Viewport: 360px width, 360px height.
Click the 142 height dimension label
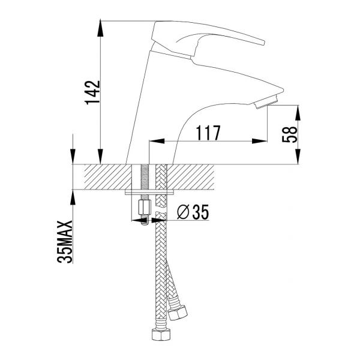coord(93,92)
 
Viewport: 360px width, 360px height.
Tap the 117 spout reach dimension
coord(208,133)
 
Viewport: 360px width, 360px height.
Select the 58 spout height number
coord(289,134)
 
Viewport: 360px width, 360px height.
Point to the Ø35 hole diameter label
coord(193,212)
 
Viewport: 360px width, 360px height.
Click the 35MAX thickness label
coord(65,242)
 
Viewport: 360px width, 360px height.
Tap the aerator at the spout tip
coord(266,102)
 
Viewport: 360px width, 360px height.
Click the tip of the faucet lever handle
coord(263,43)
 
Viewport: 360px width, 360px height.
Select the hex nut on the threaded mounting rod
coord(145,208)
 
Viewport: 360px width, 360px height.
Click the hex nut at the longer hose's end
coord(161,335)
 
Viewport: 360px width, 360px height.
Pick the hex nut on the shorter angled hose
coord(178,313)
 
